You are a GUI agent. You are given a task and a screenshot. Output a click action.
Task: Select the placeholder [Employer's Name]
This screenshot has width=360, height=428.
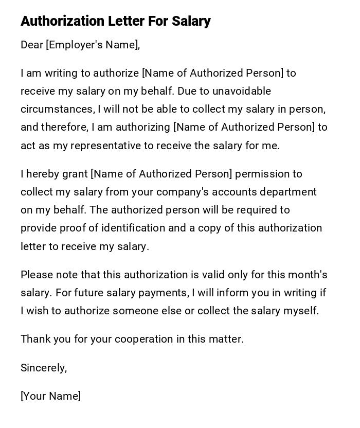pos(93,45)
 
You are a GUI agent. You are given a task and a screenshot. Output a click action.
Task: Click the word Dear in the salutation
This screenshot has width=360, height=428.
pos(32,45)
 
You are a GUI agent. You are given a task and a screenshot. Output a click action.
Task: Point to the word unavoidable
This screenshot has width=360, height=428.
pos(238,91)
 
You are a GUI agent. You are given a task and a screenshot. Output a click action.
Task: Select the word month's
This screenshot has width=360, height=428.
pos(308,275)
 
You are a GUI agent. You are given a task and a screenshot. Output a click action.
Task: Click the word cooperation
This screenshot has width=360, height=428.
pos(144,339)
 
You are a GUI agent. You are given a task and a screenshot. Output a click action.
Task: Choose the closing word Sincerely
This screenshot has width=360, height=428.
pos(44,368)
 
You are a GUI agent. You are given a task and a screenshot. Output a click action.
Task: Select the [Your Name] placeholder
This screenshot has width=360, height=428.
pos(50,396)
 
